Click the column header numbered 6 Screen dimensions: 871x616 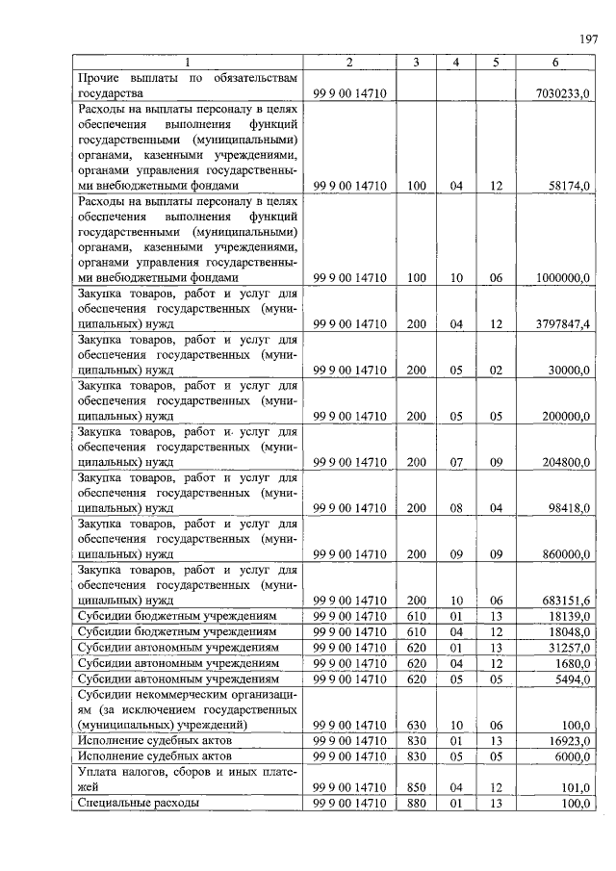554,63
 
